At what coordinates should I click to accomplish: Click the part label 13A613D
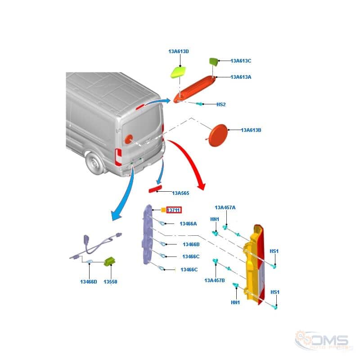point(179,51)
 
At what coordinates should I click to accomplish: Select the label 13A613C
point(241,61)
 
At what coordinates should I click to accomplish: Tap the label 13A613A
point(241,77)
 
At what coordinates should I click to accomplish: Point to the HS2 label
point(221,104)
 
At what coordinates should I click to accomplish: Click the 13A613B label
point(251,130)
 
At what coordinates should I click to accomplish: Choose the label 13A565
point(181,193)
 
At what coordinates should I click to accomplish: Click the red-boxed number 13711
point(174,210)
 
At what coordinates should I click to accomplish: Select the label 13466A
point(188,224)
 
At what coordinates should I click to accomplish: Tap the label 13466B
point(191,244)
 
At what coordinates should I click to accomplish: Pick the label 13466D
point(89,282)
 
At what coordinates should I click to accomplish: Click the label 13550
point(110,282)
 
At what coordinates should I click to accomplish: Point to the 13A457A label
point(225,207)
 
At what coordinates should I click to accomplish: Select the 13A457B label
point(215,280)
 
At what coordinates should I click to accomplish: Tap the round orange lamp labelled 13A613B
point(219,135)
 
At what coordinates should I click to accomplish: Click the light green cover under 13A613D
point(178,72)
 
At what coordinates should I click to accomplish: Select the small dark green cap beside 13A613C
point(213,62)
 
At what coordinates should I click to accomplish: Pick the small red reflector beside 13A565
point(155,189)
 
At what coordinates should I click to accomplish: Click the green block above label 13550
point(110,261)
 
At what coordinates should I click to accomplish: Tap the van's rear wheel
point(94,163)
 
